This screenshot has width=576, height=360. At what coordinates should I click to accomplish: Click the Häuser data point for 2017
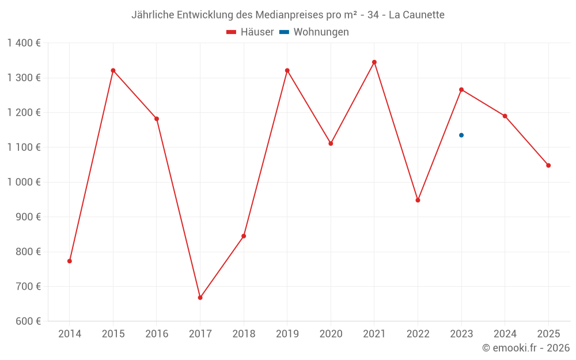point(200,298)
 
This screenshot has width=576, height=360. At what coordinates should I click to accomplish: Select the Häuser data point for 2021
point(374,62)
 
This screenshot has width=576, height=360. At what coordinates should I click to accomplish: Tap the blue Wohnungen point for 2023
point(461,135)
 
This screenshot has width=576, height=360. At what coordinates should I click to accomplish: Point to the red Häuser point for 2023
point(461,90)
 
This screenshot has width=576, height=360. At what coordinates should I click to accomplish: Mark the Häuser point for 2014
point(70,261)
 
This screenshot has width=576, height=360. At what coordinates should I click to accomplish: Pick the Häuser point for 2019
point(287,71)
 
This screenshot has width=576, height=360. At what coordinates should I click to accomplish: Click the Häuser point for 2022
point(418,200)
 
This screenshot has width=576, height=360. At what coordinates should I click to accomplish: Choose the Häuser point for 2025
point(548,165)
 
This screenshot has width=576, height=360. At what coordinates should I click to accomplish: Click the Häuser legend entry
point(250,32)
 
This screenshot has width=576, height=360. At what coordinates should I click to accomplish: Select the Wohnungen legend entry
point(314,32)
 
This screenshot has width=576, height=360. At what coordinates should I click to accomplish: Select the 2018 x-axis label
point(244,334)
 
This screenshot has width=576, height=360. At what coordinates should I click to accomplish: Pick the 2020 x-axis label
point(331,334)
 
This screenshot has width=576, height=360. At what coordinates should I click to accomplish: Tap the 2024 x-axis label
point(505,334)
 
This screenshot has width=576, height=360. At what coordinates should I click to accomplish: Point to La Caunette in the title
point(416,15)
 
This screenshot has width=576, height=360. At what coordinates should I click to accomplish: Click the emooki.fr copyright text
point(526,348)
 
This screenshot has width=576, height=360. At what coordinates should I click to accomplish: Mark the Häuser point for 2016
point(157,119)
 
